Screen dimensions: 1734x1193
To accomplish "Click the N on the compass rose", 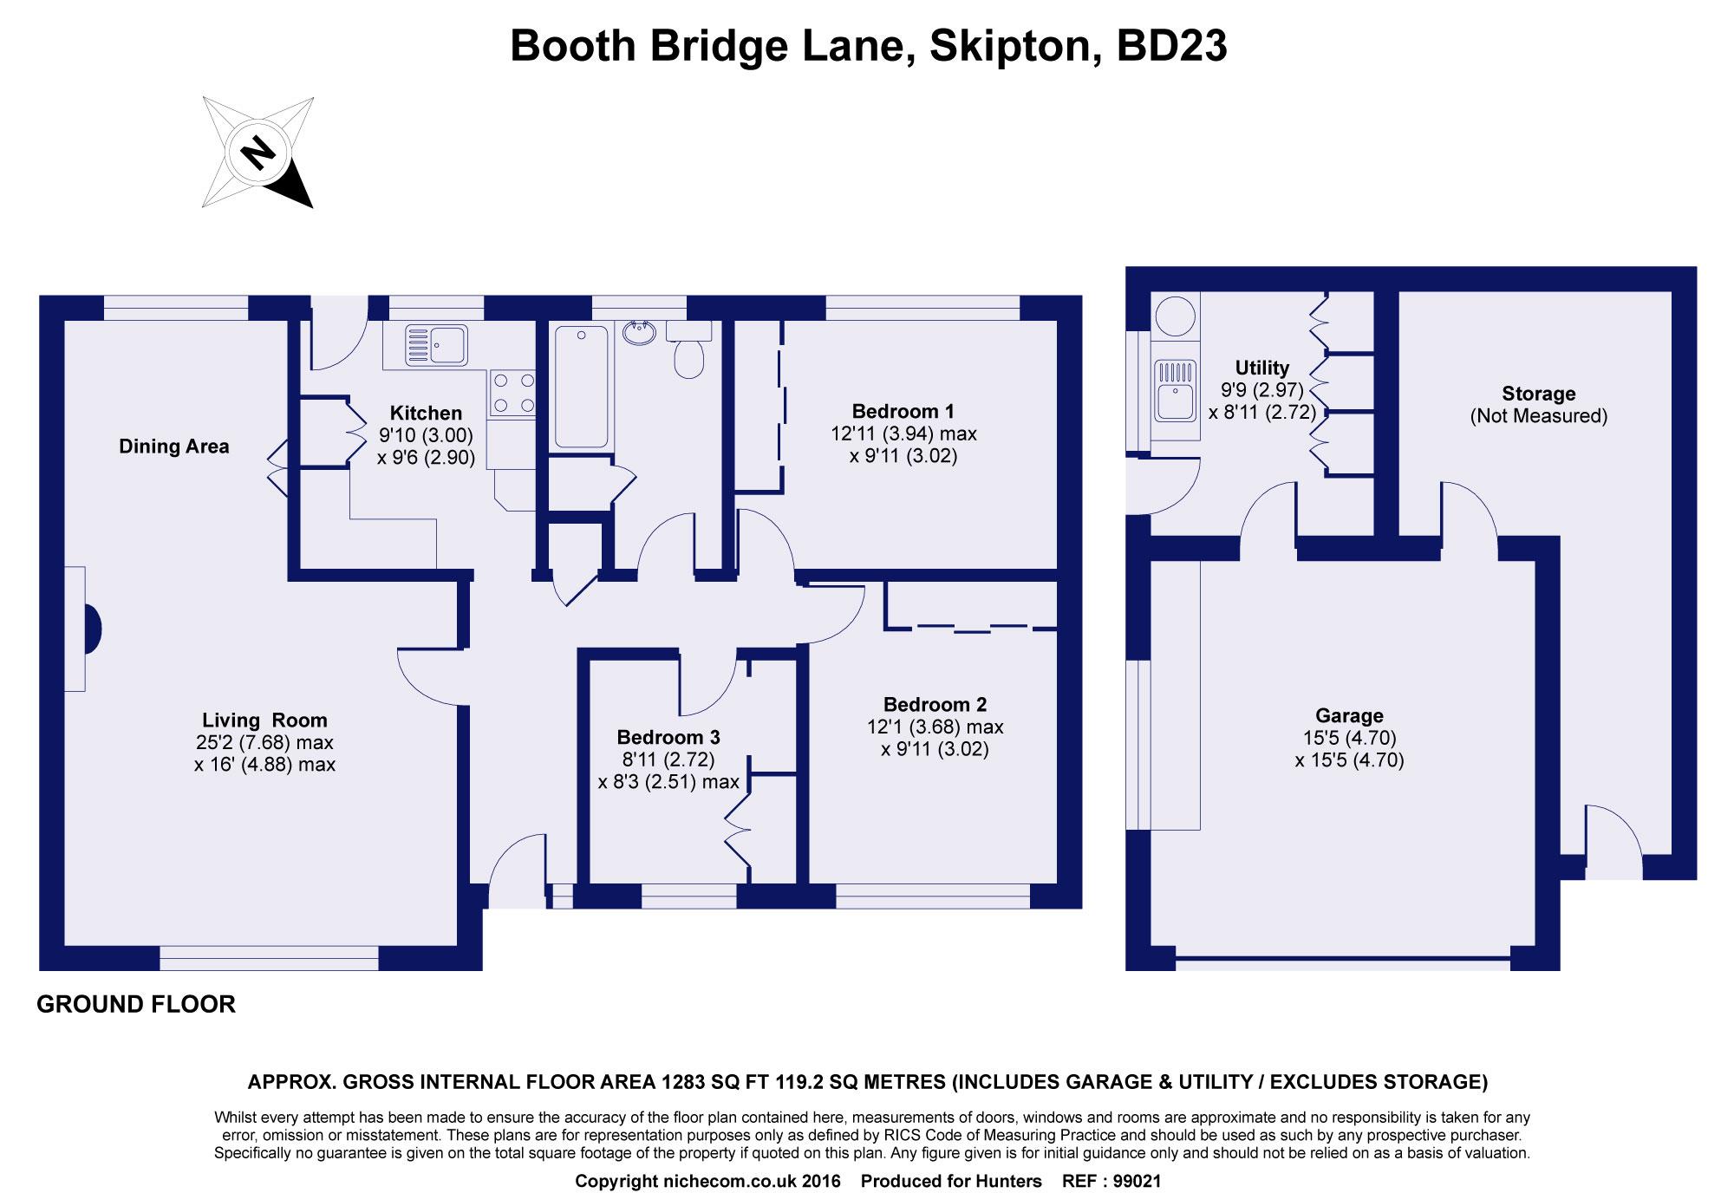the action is pos(257,153).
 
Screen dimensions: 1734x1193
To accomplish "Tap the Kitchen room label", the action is pos(426,413).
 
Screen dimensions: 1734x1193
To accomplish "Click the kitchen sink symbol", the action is pos(436,344).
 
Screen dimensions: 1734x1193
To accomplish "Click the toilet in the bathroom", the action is pos(689,352).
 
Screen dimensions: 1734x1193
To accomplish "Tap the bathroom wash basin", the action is pos(640,332).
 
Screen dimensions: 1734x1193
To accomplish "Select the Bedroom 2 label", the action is pos(935,705).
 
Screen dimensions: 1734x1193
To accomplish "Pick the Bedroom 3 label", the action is pos(668,738).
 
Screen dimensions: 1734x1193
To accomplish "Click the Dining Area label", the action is pos(174,447).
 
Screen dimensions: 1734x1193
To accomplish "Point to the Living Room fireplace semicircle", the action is pos(92,629).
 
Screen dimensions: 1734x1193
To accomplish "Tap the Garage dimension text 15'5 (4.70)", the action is pos(1349,738).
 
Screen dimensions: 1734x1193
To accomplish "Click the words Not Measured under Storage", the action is pos(1538,416).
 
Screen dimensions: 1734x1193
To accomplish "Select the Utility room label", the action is pos(1262,368).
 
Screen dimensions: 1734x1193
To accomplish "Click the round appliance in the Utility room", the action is pos(1176,312).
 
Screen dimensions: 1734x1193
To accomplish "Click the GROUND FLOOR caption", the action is pos(136,1005).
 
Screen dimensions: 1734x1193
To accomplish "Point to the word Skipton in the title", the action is pos(1008,45).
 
